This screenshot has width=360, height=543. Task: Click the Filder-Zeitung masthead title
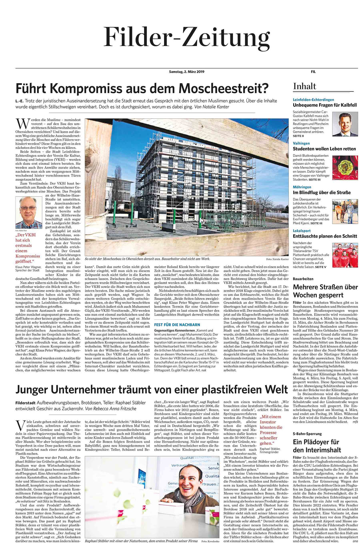[x=187, y=38]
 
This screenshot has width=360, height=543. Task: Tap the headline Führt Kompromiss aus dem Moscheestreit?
[x=142, y=88]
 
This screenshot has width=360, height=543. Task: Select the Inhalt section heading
[x=304, y=86]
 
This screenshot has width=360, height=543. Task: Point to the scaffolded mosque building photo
[x=186, y=187]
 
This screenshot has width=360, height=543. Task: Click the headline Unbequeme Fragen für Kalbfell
[x=324, y=105]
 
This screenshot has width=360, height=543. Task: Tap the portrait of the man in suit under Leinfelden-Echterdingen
[x=345, y=124]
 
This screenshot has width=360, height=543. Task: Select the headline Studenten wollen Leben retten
[x=324, y=149]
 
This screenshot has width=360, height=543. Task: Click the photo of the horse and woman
[x=345, y=212]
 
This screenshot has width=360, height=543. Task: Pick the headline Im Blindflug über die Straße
[x=322, y=192]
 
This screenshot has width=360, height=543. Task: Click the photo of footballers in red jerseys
[x=345, y=255]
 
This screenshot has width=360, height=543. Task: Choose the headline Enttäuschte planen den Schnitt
[x=325, y=236]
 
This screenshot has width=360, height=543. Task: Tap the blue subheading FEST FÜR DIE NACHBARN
[x=177, y=325]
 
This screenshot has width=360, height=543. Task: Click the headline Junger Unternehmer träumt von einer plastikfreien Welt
[x=152, y=389]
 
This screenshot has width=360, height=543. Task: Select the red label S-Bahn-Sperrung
[x=307, y=433]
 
